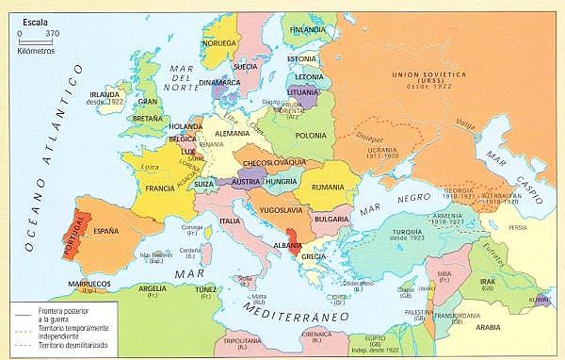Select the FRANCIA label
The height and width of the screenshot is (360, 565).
pyautogui.click(x=161, y=188)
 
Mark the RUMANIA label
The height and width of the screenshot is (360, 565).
pyautogui.click(x=330, y=188)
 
